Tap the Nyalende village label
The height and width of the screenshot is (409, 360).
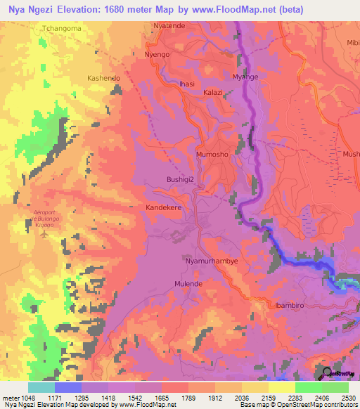point(169,26)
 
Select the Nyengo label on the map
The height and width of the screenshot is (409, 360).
point(157,54)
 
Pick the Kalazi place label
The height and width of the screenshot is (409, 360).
point(212,92)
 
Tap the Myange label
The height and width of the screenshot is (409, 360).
point(245,77)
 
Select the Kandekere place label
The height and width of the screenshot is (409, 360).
point(165,208)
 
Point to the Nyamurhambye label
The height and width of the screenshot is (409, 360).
point(211,261)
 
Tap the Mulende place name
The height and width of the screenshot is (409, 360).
point(188,284)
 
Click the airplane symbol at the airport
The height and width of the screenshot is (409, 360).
point(46,235)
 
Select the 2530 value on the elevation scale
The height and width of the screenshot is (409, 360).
point(348,398)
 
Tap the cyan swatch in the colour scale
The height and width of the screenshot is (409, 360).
point(41,387)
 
